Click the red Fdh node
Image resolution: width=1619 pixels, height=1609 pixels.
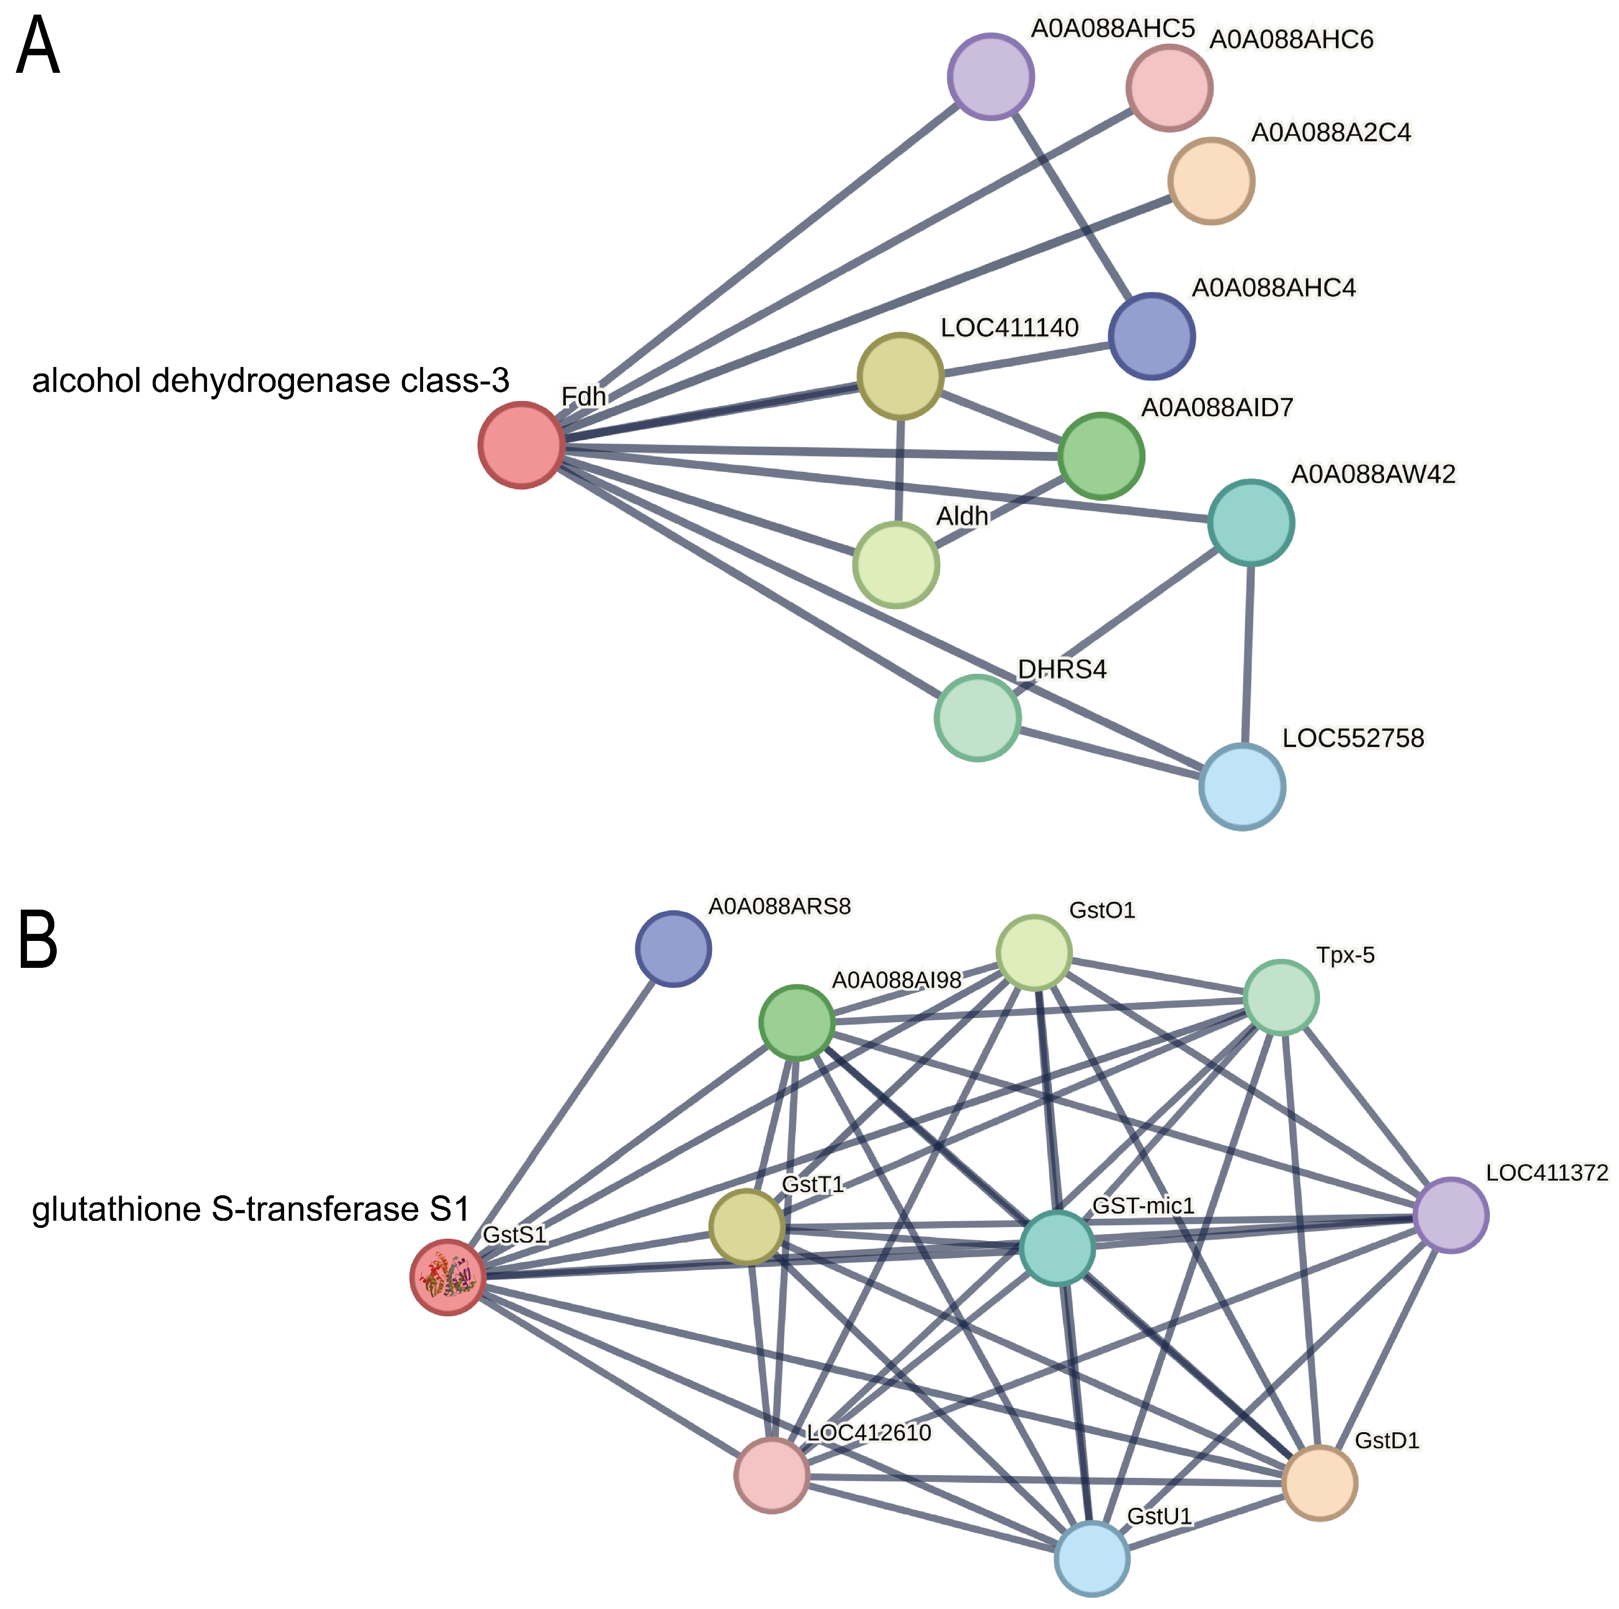pos(521,445)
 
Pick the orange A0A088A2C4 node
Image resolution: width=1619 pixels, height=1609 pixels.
pos(1211,181)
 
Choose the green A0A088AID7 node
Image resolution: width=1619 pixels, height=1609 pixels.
pos(1101,456)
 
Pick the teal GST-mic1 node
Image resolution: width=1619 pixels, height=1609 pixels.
pos(1057,1248)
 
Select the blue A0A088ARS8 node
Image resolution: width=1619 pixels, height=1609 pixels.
pos(674,949)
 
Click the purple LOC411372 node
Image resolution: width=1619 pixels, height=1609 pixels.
pos(1451,1215)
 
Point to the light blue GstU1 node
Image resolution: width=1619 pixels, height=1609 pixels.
pos(1092,1559)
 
